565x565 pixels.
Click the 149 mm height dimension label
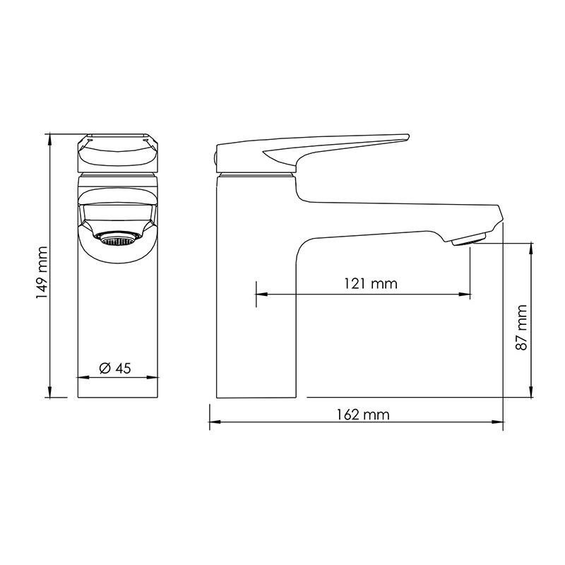pyautogui.click(x=42, y=273)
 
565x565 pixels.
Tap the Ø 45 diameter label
pyautogui.click(x=115, y=368)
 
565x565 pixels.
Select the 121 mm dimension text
pyautogui.click(x=371, y=284)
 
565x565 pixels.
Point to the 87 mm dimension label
pyautogui.click(x=521, y=327)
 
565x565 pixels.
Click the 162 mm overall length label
pyautogui.click(x=363, y=415)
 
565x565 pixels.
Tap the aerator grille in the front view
pyautogui.click(x=118, y=239)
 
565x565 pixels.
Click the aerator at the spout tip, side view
pyautogui.click(x=469, y=239)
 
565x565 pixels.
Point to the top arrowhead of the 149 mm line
pyautogui.click(x=49, y=138)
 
